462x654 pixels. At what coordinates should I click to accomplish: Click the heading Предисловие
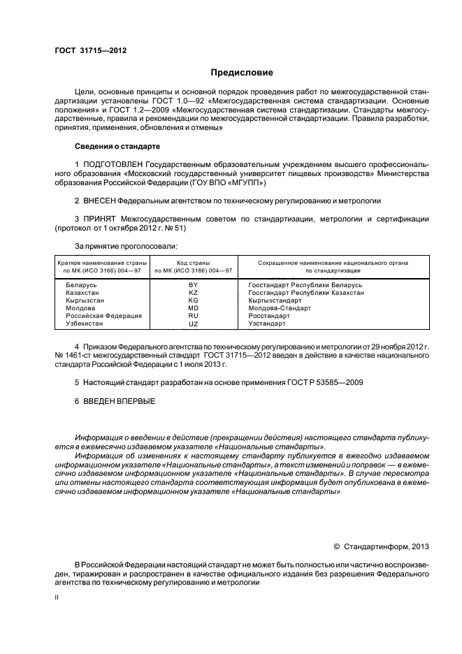[x=242, y=73]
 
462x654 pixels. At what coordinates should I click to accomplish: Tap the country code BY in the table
[x=194, y=286]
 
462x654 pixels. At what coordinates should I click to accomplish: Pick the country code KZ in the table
[x=194, y=293]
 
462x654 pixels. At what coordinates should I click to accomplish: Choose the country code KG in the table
[x=194, y=300]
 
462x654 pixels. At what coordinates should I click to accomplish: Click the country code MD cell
[x=194, y=308]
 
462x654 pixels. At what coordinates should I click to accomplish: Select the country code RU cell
[x=194, y=316]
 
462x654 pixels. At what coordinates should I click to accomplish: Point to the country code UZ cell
[x=194, y=324]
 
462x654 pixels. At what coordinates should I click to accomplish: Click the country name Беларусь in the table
[x=82, y=286]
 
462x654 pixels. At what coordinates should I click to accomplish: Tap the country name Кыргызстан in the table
[x=85, y=300]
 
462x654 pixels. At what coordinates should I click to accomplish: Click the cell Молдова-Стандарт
[x=280, y=308]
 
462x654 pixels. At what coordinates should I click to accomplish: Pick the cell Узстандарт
[x=267, y=324]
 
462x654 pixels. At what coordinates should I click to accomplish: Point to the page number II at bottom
[x=57, y=598]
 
